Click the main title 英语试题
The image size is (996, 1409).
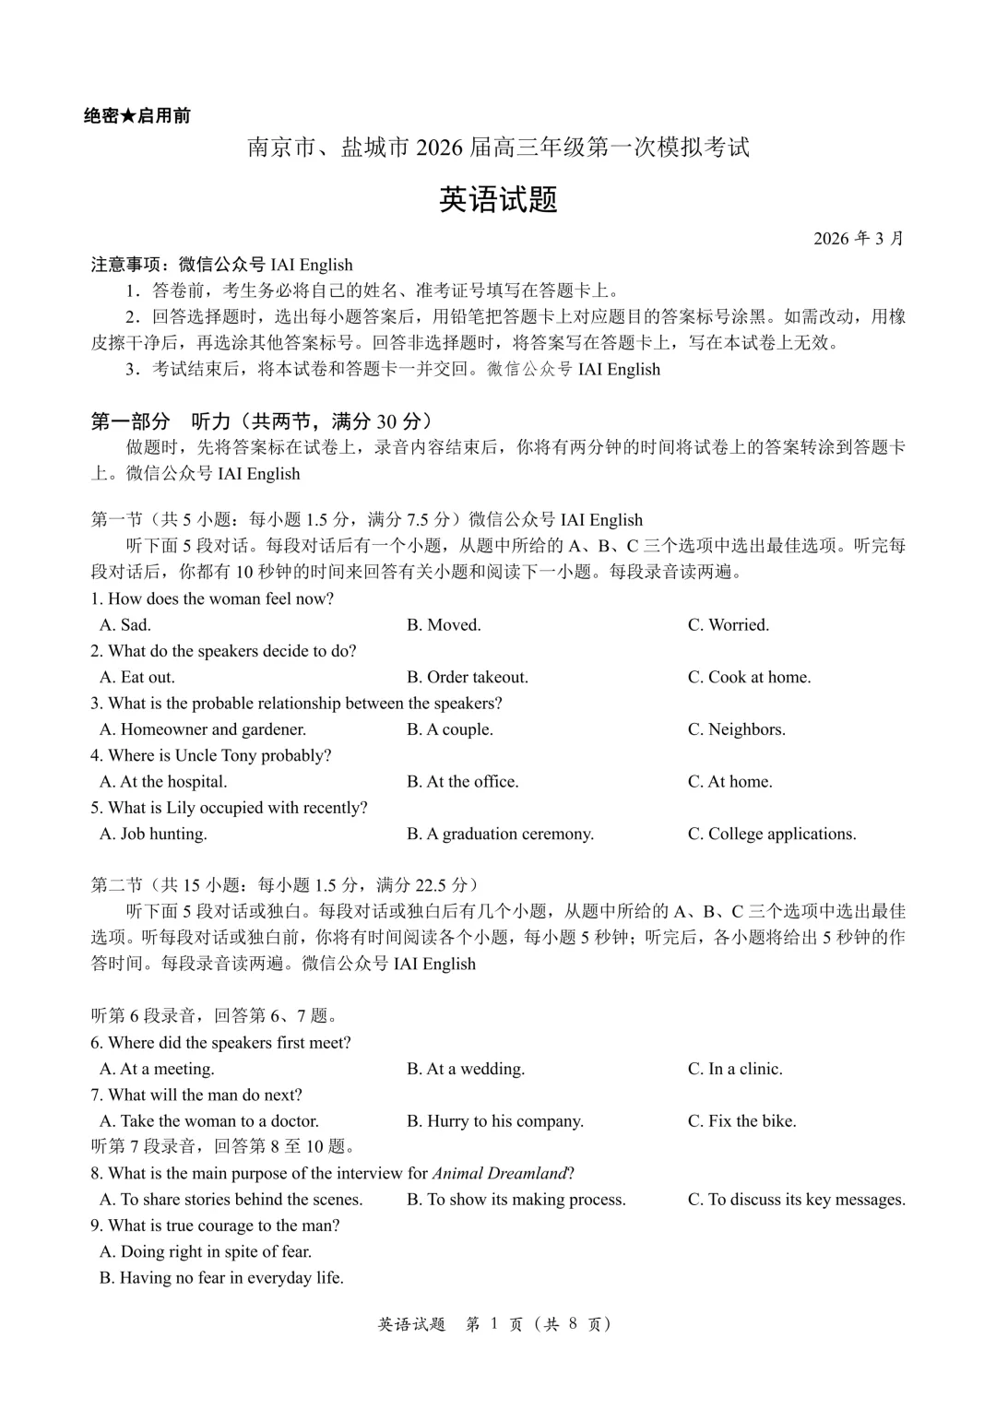(498, 199)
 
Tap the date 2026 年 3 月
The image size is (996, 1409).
(858, 239)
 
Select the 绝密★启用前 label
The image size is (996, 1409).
(136, 116)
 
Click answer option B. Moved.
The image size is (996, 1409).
(444, 625)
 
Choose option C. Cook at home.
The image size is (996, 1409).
(749, 677)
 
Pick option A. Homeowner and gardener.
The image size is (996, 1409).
(203, 729)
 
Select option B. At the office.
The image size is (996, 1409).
(462, 782)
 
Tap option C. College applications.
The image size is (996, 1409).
(771, 834)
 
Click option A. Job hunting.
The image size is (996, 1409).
(153, 834)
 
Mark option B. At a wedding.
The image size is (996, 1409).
(466, 1069)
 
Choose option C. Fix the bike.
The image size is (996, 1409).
(741, 1121)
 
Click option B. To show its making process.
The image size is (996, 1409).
(516, 1200)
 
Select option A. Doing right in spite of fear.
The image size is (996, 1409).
(206, 1251)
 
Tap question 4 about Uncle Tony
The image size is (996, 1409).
(210, 755)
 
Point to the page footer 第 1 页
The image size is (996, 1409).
(494, 1324)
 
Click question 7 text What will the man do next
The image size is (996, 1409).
(196, 1095)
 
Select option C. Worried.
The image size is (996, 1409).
(728, 625)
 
